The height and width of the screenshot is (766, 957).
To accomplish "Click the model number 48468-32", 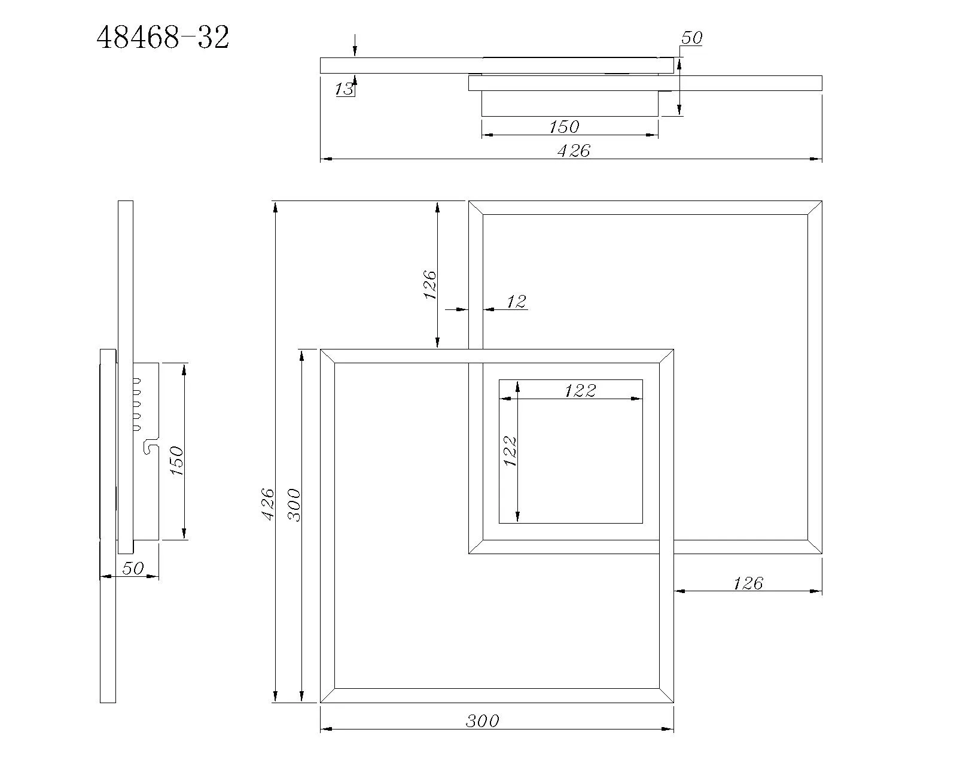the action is point(163,37).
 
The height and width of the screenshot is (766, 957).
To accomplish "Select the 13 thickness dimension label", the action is point(344,89).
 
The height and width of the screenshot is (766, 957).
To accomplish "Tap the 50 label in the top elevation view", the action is point(691,38).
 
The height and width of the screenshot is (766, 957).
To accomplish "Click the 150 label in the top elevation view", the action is point(564,127).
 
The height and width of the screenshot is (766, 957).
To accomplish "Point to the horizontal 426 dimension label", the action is point(574,151).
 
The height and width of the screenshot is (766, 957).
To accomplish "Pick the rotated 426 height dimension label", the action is point(267,504).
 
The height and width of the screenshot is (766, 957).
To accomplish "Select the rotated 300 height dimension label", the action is point(294,504).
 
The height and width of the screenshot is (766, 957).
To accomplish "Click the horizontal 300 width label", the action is point(483,721).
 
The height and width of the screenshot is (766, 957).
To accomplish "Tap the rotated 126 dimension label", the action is point(429,284).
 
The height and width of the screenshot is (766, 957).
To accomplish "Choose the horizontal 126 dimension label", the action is point(748,583).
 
